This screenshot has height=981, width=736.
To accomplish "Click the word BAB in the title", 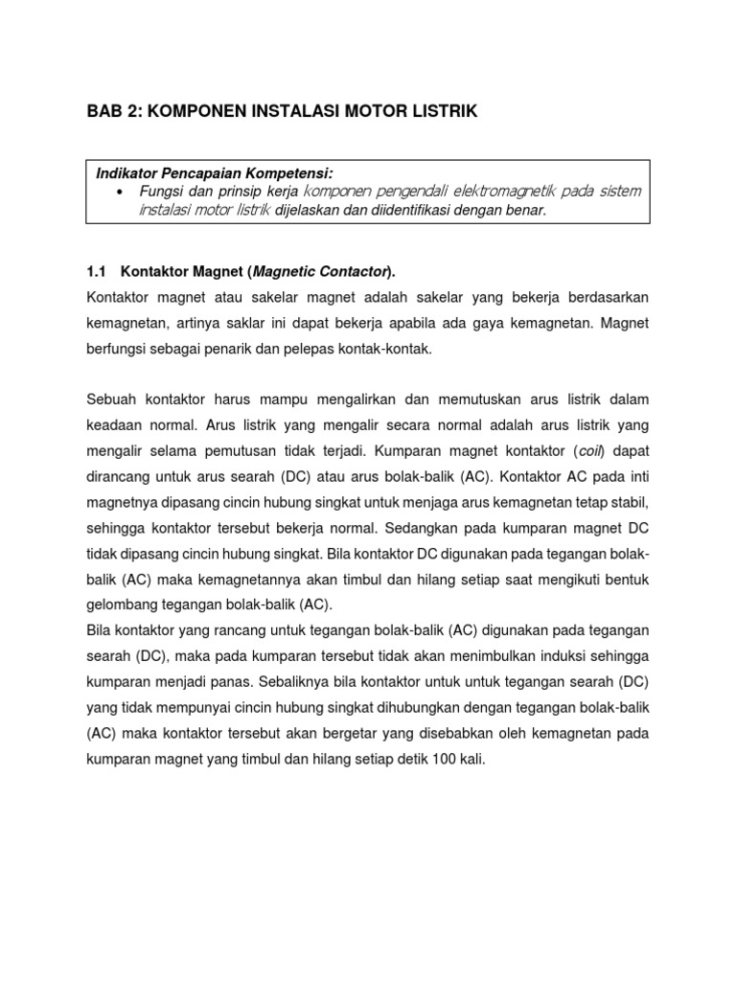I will pos(103,112).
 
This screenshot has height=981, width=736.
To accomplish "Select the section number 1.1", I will pos(97,272).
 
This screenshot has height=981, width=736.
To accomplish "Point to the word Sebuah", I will pos(112,398).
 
